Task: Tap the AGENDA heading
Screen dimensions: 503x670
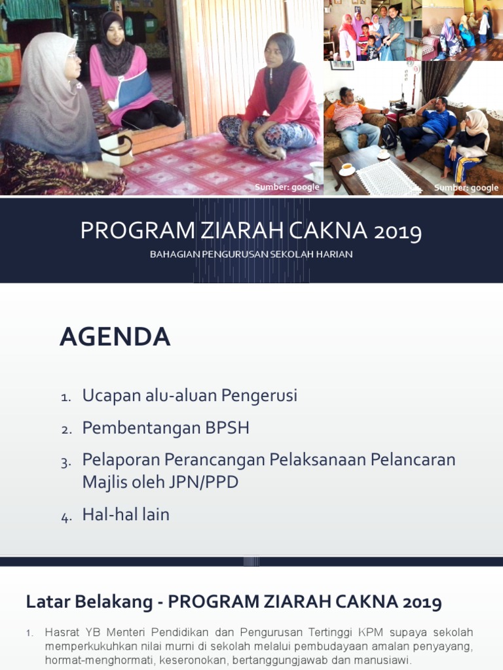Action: pos(115,337)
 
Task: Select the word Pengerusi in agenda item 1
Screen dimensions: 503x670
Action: pos(259,396)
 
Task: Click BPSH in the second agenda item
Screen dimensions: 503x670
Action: pos(227,428)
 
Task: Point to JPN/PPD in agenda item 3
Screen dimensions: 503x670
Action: pos(203,482)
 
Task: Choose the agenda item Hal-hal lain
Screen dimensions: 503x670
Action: pos(126,514)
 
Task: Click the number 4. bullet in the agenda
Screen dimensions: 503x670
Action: pos(66,518)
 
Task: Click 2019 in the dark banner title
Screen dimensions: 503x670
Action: pos(398,232)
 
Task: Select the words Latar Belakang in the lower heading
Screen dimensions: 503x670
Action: pos(89,602)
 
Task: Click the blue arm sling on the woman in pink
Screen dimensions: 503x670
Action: pos(134,89)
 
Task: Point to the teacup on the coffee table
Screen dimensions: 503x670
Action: pos(347,169)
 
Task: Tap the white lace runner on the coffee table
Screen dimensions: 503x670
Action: pos(386,177)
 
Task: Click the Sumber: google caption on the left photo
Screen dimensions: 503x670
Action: pos(287,187)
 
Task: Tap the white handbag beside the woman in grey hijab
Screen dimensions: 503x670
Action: pos(118,147)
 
